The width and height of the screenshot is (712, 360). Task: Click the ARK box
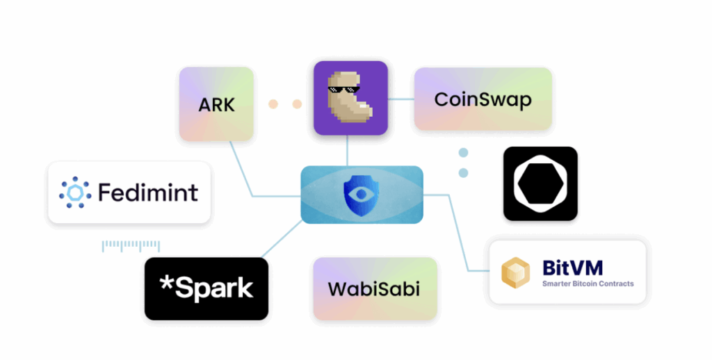216,104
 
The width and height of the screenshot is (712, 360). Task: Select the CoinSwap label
483,99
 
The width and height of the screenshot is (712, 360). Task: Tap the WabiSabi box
375,288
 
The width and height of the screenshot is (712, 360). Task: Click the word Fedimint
147,192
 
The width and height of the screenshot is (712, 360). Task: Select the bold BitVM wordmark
572,267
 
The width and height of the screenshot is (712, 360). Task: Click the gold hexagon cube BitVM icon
517,273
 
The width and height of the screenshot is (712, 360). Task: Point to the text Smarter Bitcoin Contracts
588,284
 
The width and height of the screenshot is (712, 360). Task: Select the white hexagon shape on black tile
540,183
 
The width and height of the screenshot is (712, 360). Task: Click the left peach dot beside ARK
273,104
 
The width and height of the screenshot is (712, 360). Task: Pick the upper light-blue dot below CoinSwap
463,153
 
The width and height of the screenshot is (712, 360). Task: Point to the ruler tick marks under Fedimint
131,245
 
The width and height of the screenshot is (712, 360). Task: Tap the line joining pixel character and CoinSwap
400,99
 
